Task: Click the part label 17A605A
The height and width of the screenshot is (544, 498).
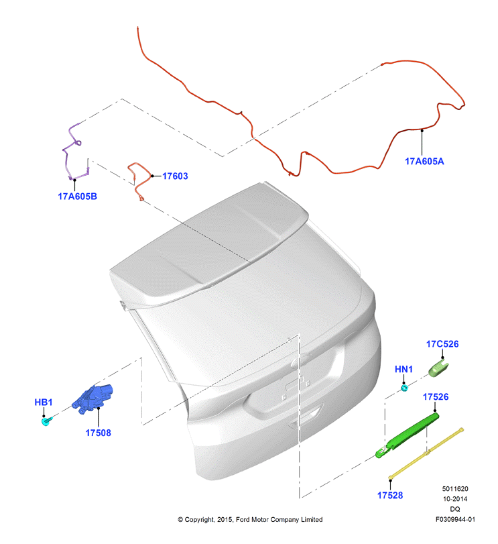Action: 424,162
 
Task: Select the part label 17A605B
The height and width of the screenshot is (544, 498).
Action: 77,197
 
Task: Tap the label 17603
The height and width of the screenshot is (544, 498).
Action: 175,176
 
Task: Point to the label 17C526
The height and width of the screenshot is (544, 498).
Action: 442,344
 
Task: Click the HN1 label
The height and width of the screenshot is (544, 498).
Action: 403,369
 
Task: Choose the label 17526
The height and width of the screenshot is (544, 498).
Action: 436,397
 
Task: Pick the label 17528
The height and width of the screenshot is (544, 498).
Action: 390,496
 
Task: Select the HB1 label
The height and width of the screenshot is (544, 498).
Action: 44,402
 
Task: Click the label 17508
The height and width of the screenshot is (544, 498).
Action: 98,433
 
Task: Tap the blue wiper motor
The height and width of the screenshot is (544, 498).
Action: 92,399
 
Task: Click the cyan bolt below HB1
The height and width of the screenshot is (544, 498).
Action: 46,421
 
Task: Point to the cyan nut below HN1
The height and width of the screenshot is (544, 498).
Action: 404,388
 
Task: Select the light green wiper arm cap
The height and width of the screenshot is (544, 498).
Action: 438,368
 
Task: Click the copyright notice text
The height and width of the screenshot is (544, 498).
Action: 250,519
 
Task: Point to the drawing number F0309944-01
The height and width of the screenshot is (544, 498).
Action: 455,519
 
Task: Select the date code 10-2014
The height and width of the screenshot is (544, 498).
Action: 455,499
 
